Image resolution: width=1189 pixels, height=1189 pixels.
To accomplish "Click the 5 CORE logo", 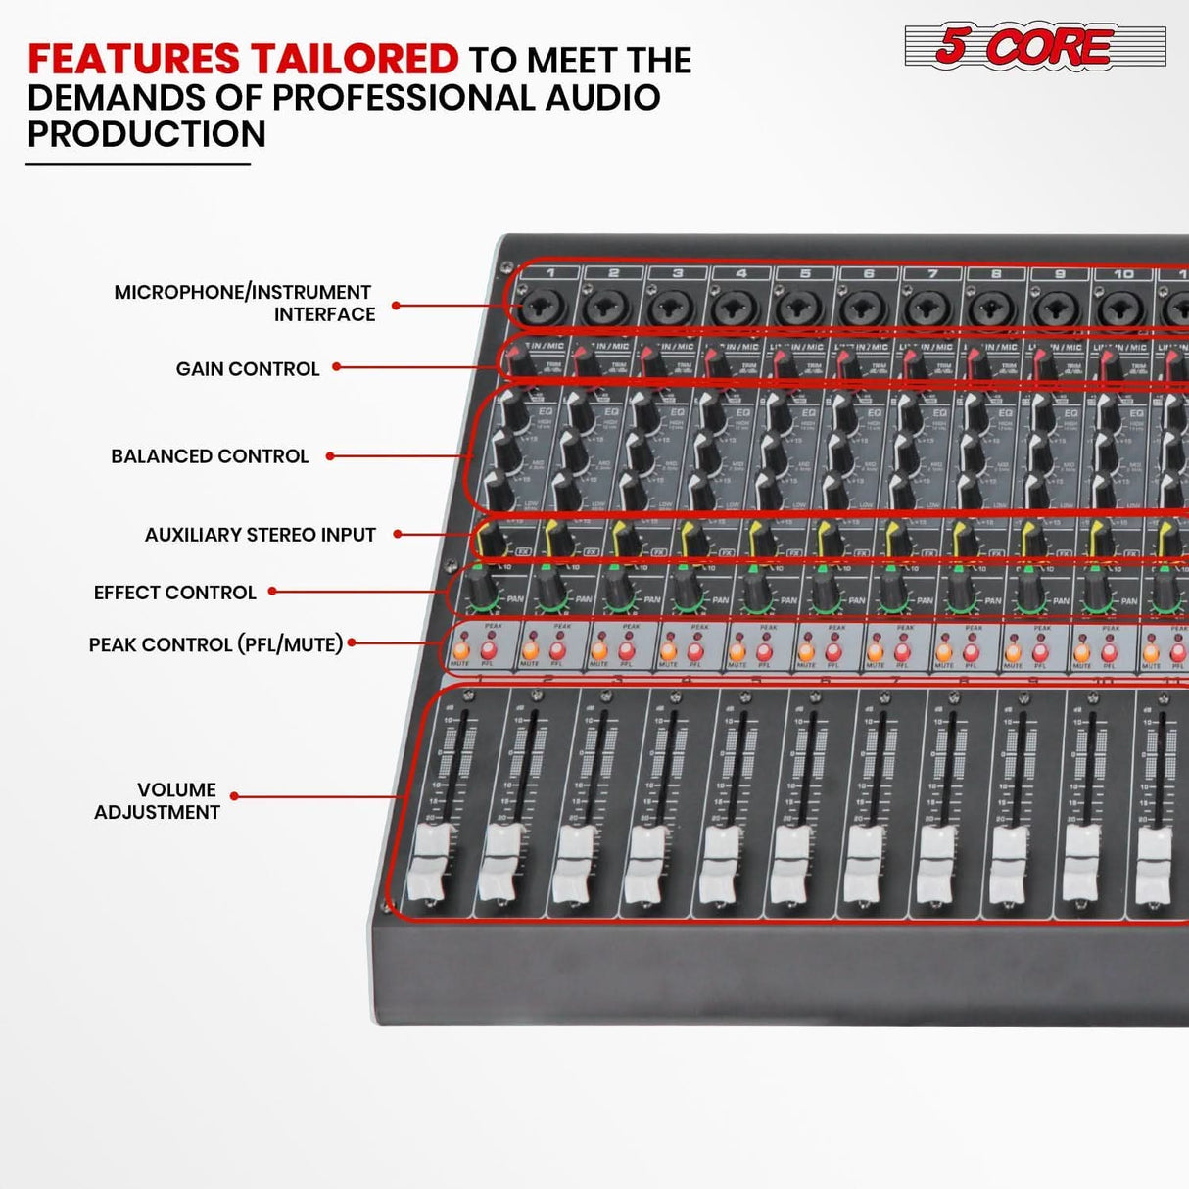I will pos(1034,46).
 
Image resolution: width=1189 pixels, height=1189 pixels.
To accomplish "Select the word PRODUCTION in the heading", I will pos(147,134).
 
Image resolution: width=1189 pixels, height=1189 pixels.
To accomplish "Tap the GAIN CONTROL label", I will pos(248,369).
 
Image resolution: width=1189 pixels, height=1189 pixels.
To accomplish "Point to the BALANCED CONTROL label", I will pos(210,456).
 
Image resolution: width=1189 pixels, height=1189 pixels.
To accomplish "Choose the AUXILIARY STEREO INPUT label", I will pos(260,535).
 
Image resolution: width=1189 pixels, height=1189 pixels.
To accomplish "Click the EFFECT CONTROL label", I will pos(174,593).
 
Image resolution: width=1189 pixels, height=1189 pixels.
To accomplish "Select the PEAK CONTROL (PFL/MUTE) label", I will pos(215,644).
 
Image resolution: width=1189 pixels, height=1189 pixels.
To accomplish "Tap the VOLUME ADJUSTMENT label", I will pos(157,801).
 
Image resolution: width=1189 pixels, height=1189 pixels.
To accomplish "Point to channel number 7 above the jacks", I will pos(932,274).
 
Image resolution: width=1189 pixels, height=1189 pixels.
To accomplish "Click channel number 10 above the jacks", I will pos(1123,274).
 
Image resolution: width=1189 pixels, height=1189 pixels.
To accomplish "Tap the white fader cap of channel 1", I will pos(429,861).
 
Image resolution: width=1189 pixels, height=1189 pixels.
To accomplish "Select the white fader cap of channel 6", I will pos(791,863).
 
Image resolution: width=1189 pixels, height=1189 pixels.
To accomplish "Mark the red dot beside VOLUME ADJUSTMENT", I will pos(235,796).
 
